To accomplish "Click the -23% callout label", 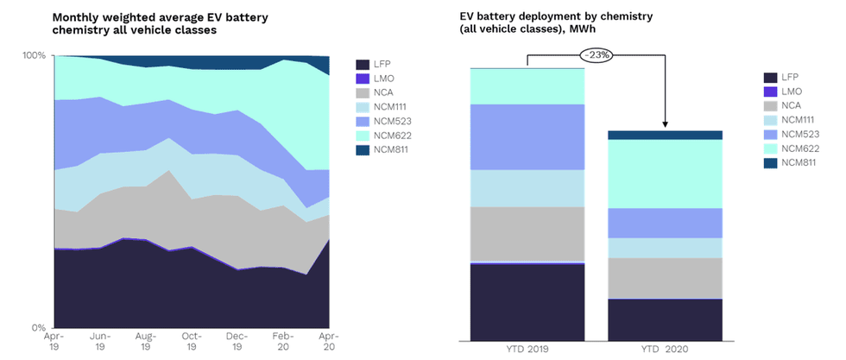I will tap(596, 55).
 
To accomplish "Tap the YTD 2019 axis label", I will tap(527, 348).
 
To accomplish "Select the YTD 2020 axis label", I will tap(665, 348).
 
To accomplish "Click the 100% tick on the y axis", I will tap(34, 55).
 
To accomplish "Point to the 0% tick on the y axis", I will tap(37, 328).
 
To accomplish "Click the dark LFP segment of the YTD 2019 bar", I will tap(527, 302).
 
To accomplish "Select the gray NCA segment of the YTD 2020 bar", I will tap(665, 278).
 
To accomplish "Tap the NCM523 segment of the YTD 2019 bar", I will tap(527, 137).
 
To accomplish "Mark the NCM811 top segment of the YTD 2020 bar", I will tap(665, 135).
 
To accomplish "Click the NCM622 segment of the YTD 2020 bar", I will tap(665, 174).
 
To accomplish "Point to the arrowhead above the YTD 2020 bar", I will tap(665, 124).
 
